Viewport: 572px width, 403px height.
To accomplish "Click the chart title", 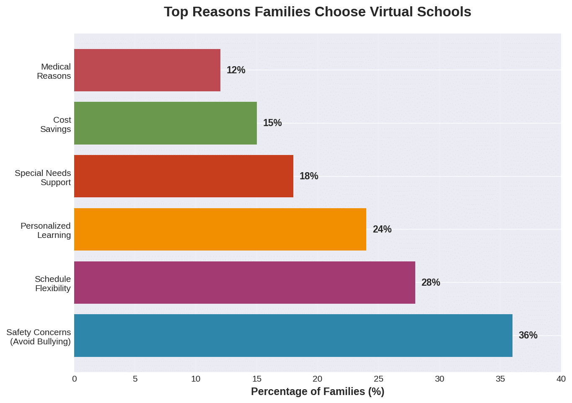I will tap(317, 12).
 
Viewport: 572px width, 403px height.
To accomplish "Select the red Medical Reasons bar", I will tap(147, 70).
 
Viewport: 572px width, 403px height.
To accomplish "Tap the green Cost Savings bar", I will tap(166, 123).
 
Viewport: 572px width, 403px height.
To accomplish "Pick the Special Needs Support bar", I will tap(184, 176).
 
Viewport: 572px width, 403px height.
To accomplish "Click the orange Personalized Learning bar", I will tap(220, 229).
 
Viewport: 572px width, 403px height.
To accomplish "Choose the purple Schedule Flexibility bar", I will tap(245, 282).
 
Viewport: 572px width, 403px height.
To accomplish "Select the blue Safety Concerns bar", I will tap(293, 336).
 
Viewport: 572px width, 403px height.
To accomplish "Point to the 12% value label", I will tap(236, 70).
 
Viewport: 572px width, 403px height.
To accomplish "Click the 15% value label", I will tap(272, 123).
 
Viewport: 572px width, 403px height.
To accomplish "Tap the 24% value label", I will tap(382, 230).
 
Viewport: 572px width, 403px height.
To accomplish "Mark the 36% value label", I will tap(528, 336).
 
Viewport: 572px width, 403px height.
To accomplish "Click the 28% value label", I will tap(431, 283).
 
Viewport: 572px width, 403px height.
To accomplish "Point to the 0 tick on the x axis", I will tap(75, 379).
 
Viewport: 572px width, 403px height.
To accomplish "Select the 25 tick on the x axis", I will tap(378, 379).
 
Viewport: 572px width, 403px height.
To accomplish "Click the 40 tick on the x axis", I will tap(561, 379).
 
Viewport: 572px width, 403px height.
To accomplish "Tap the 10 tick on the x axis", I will tap(196, 379).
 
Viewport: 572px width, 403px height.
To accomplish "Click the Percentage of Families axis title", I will tap(317, 392).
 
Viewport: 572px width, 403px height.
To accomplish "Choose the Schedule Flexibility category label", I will tap(53, 284).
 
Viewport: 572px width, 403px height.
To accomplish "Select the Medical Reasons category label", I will tap(54, 71).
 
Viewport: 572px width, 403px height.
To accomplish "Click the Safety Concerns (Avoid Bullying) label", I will tap(39, 337).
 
